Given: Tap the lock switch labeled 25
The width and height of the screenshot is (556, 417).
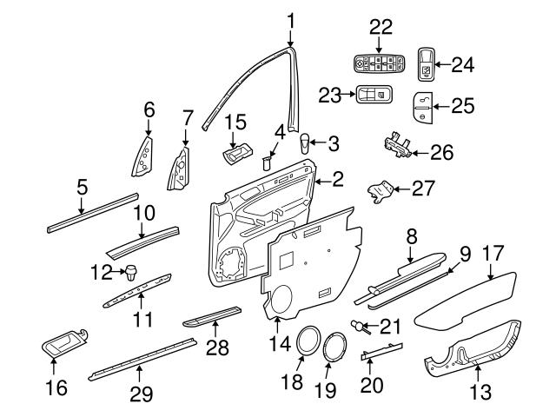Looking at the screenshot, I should [425, 107].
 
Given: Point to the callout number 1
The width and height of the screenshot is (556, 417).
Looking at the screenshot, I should [291, 18].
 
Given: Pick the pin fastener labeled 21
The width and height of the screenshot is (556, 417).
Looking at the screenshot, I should [357, 325].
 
